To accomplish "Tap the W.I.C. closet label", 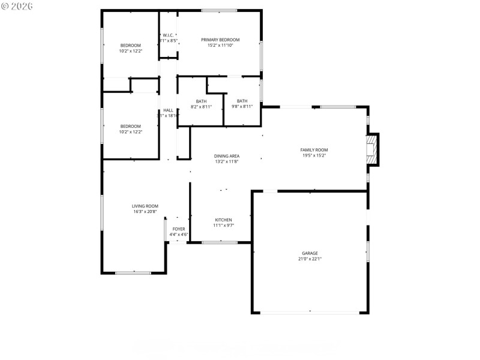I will coord(168,35).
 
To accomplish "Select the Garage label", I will coord(310,253).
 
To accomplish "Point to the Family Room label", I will coord(314,150).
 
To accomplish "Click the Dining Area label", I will coord(227,156).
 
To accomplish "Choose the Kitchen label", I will coord(223,220).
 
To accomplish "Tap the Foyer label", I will coord(179,229).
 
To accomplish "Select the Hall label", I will coord(168,110).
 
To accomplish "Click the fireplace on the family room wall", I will coord(373,149).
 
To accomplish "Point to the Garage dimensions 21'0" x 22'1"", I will coord(310,259).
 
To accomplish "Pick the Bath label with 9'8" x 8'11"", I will coord(242,101).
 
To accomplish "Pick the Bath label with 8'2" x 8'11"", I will coord(201,101).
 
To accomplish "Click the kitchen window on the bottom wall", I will coord(220,242).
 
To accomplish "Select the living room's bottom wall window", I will coord(133,273).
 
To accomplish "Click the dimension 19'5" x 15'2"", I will coord(314,155).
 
